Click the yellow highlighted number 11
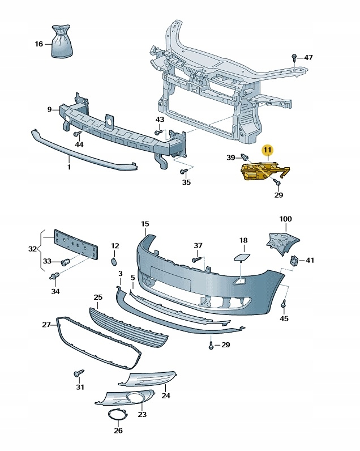coord(267,150)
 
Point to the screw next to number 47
coord(294,57)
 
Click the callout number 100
coord(285,219)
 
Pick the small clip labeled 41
coord(294,261)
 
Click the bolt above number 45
coord(284,305)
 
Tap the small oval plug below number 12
coord(113,262)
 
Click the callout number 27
coord(46,325)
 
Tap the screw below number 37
coord(196,259)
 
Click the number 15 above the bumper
coord(144,224)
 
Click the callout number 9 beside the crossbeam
coord(49,109)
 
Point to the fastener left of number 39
coord(245,157)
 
